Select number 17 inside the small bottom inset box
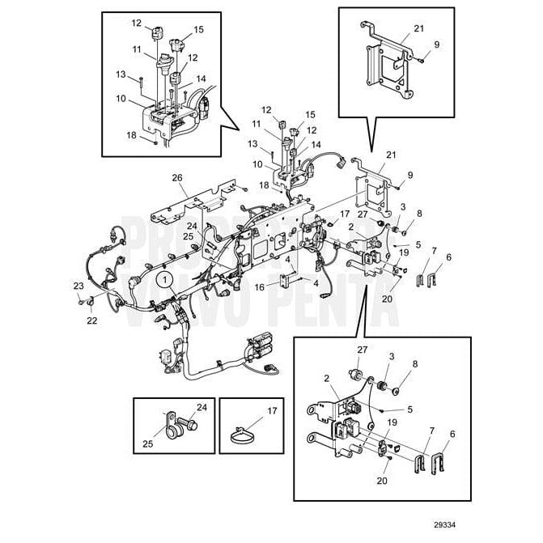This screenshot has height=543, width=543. [x=272, y=410]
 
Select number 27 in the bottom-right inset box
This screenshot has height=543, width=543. [x=361, y=349]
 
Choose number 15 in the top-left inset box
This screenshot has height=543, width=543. [x=196, y=29]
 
